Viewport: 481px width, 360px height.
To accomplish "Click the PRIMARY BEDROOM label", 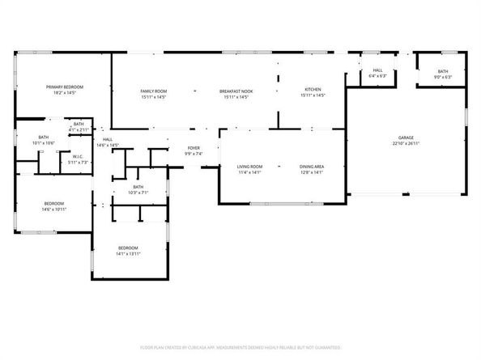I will pos(65,87).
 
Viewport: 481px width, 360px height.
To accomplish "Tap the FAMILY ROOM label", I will pos(154,91).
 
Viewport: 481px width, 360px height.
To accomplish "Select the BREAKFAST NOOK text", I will pos(236,91).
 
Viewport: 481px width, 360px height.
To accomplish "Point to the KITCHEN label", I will pos(313,89).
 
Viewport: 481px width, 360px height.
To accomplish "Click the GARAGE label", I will pos(406,138).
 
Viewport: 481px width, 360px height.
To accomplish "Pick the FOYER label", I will pos(194,148).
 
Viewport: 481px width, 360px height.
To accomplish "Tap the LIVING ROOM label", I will pos(249,167).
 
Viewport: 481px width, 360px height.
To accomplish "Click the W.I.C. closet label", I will pos(78,157).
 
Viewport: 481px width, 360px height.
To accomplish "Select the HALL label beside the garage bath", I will pos(377,70).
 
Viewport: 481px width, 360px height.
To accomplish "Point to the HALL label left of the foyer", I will pos(106,140).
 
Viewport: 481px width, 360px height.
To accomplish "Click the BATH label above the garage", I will pos(443,72).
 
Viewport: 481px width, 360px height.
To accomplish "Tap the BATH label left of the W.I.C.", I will pos(43,138).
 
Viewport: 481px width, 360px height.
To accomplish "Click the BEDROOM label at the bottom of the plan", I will pos(129,248).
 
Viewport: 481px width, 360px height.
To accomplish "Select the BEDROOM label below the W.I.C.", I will pos(54,203).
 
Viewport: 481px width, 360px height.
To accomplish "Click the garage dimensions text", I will pos(406,144).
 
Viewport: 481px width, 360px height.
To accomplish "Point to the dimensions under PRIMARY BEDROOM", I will pos(65,92).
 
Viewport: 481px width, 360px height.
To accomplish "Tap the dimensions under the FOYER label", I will pos(194,154).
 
